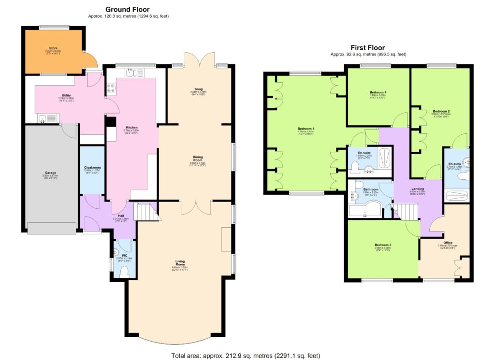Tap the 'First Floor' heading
368,47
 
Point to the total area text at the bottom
246,355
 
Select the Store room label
53,49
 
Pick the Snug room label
198,89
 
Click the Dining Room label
198,158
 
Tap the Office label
448,243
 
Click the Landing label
417,189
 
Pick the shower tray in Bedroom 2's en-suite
457,196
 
